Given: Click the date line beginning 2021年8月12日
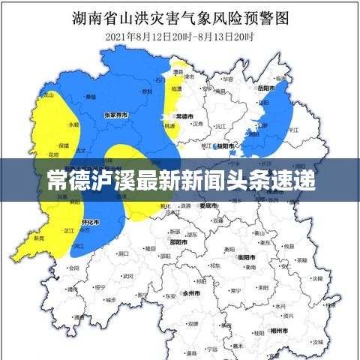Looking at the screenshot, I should (180, 36).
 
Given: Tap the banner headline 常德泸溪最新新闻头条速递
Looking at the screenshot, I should (180, 180).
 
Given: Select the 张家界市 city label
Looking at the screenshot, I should (115, 115).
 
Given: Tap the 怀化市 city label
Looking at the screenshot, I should (90, 223).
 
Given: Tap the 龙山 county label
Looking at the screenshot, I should (48, 96).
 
